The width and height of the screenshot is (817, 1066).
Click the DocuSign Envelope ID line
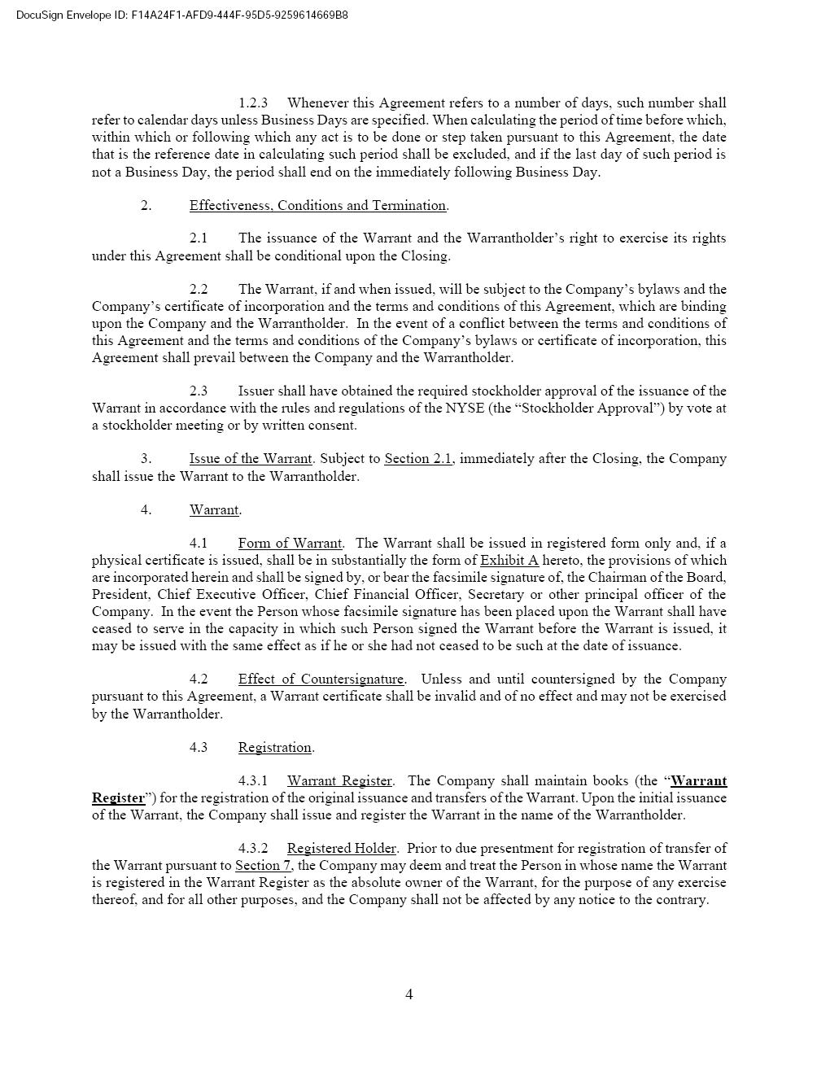coord(182,15)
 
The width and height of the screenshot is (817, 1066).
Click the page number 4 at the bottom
coord(408,994)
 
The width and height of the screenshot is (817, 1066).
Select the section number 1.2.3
coord(253,103)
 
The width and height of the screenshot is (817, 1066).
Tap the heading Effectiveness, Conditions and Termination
coord(317,205)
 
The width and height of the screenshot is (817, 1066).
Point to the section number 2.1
coord(199,238)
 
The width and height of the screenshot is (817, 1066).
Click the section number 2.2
coord(199,289)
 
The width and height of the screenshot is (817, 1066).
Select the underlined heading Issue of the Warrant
coord(251,458)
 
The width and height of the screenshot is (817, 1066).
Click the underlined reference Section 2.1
coord(418,458)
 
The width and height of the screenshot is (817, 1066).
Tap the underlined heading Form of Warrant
coord(290,543)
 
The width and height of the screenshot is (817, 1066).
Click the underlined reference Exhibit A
coord(509,560)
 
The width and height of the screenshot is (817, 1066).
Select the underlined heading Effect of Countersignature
coord(321,679)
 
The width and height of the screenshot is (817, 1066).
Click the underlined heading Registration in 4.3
coord(274,747)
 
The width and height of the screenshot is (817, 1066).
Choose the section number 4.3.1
coord(253,780)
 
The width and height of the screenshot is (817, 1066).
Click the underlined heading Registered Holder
coord(341,848)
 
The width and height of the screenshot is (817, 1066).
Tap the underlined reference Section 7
coord(263,865)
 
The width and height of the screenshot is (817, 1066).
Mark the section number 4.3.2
coord(253,848)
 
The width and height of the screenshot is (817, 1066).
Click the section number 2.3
coord(199,391)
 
